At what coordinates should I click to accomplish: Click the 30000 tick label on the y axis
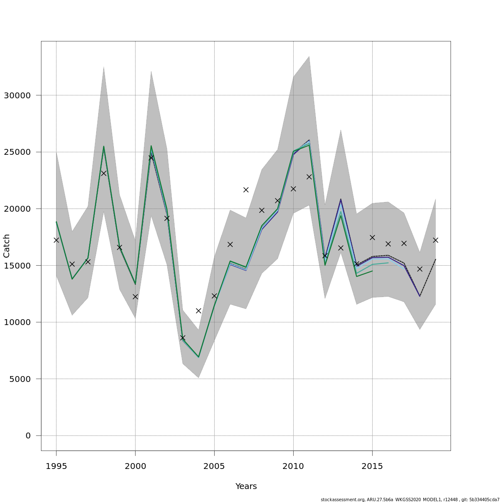click(17, 95)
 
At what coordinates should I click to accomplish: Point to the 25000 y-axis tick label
click(17, 152)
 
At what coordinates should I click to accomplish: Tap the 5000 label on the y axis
click(20, 379)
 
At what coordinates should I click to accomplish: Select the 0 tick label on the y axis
click(28, 436)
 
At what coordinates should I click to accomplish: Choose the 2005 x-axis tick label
click(214, 466)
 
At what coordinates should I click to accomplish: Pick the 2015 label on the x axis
click(372, 466)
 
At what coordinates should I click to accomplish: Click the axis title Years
click(246, 487)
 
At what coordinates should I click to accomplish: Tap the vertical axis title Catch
click(7, 246)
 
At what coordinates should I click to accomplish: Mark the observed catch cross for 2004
click(198, 311)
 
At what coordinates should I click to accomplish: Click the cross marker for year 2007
click(246, 190)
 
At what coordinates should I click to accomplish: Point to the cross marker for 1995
click(56, 240)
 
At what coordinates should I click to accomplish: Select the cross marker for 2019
click(435, 240)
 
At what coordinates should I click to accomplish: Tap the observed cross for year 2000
click(135, 297)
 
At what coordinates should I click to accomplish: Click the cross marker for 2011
click(309, 177)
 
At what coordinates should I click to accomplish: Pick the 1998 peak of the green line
click(104, 146)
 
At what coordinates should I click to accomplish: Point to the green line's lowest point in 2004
click(198, 357)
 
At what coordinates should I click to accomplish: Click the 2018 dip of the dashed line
click(420, 296)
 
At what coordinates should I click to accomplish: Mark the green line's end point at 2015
click(372, 271)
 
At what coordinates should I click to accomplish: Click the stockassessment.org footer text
click(410, 499)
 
